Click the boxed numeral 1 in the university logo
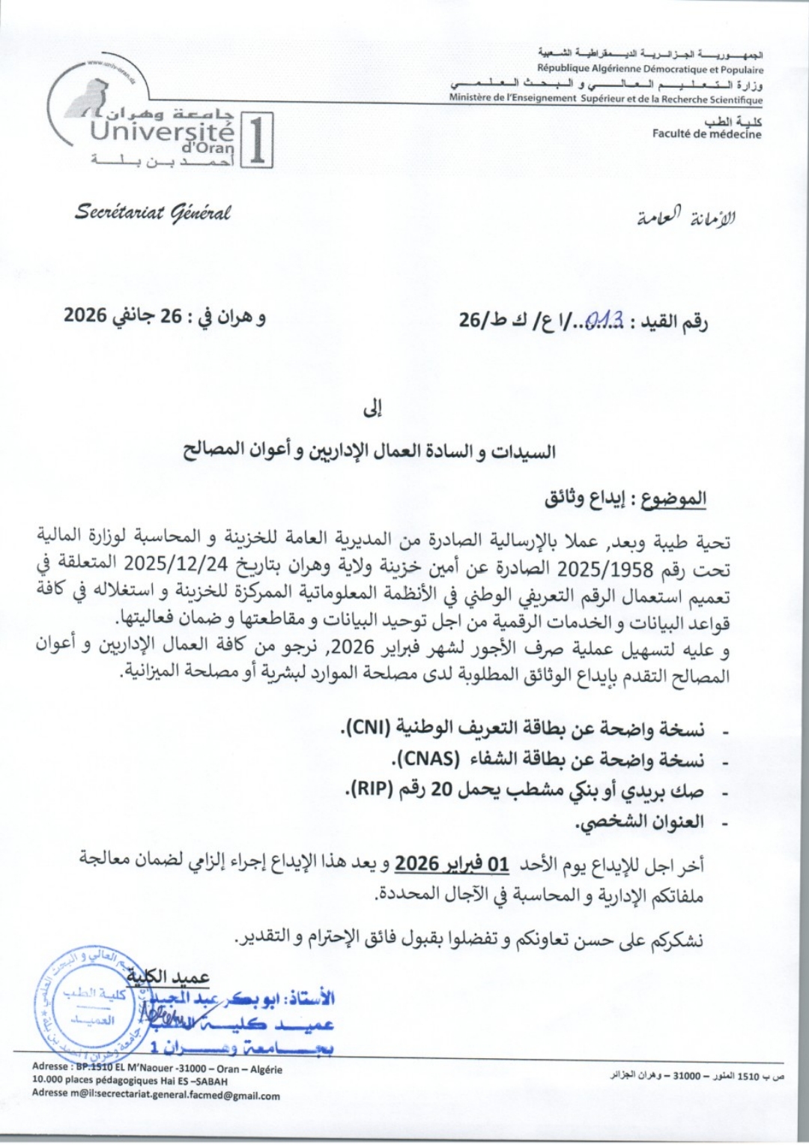pyautogui.click(x=256, y=140)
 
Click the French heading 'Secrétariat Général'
pyautogui.click(x=153, y=213)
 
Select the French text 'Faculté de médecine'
pyautogui.click(x=706, y=134)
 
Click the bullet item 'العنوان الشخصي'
pyautogui.click(x=640, y=822)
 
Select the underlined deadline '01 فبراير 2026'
pyautogui.click(x=452, y=864)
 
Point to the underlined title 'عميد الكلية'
pyautogui.click(x=168, y=976)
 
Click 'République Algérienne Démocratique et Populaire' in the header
pyautogui.click(x=650, y=69)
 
